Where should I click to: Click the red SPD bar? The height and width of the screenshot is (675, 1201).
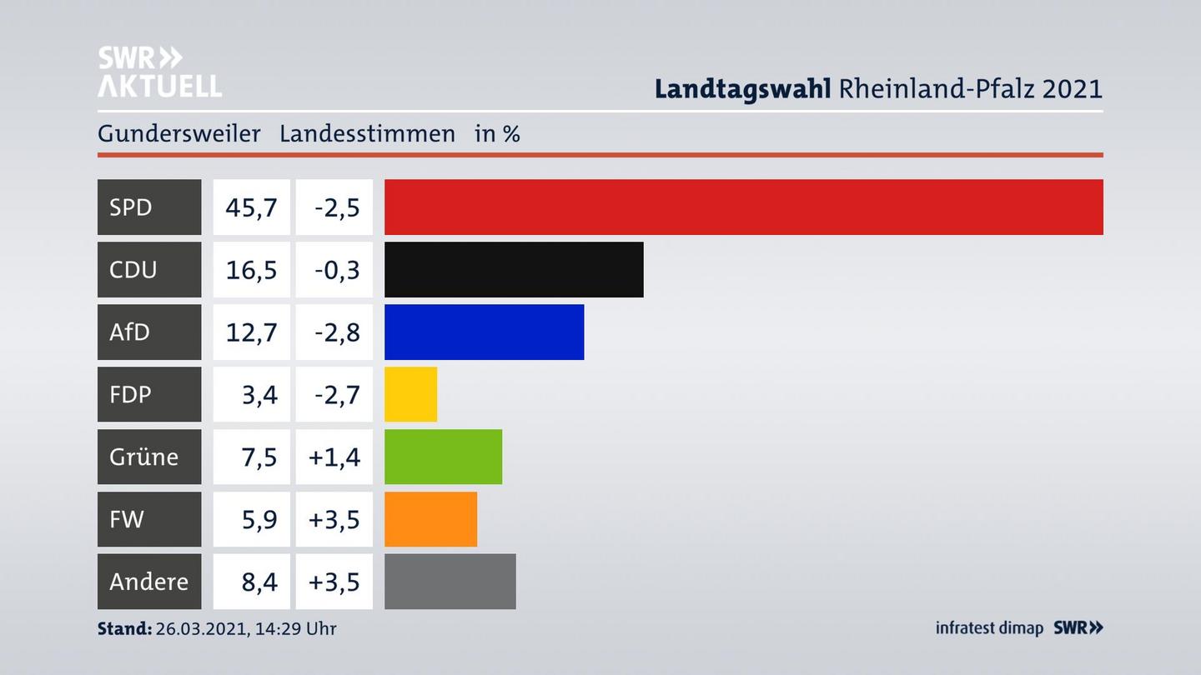point(743,207)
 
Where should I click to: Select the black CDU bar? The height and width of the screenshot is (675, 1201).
point(514,269)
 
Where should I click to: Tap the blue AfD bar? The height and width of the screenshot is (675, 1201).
point(484,332)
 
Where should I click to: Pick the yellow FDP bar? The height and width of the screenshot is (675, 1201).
point(410,394)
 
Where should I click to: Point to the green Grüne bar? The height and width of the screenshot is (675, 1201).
point(443,457)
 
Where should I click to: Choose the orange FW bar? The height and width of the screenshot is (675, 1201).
point(430,519)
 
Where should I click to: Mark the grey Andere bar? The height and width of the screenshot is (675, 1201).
point(450,581)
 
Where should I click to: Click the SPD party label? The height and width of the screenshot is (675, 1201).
point(131,207)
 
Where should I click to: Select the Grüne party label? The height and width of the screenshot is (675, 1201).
point(143,457)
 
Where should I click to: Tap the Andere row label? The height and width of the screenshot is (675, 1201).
point(148,581)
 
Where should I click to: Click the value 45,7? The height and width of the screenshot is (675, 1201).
point(251,207)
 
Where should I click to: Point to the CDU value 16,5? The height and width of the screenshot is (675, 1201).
point(251,269)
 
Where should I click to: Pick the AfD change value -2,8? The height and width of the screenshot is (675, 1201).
point(337,332)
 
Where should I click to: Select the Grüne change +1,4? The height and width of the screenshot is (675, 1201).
point(334,457)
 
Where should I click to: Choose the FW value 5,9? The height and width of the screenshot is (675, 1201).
point(259,519)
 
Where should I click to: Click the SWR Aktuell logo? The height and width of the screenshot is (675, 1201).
point(159,72)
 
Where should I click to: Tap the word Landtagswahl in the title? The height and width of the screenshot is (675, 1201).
point(742,88)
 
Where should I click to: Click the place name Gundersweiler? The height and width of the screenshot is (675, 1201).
point(178,133)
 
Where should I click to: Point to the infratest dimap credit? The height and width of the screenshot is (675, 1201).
point(989,627)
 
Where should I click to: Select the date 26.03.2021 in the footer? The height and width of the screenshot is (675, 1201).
point(200,628)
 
